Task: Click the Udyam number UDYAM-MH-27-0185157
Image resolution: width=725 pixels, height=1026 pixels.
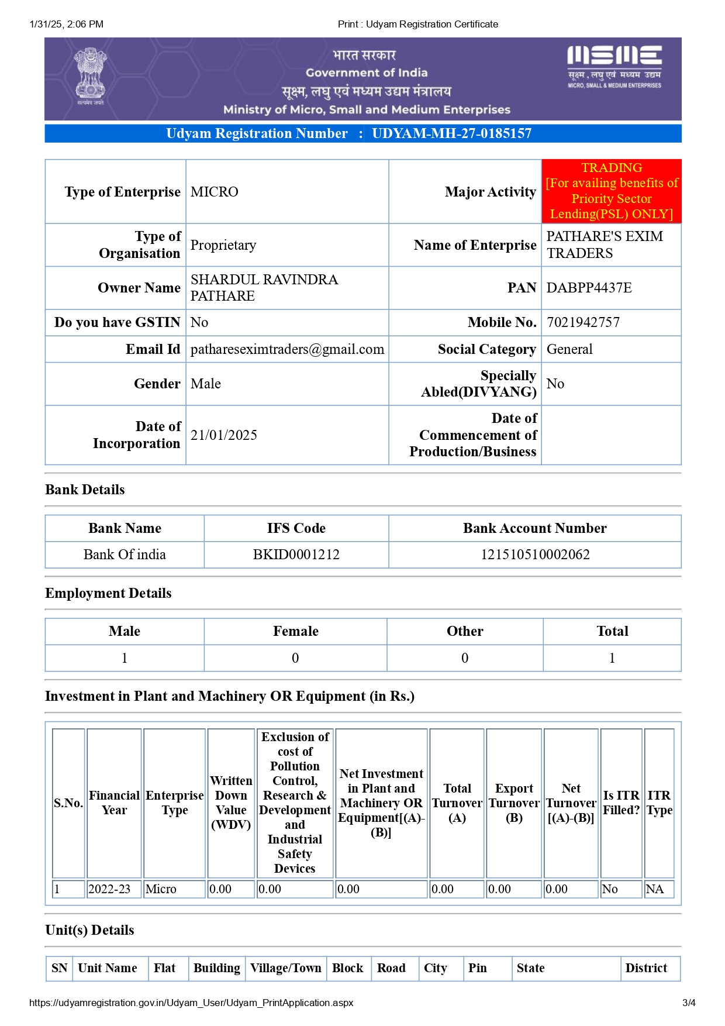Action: [451, 133]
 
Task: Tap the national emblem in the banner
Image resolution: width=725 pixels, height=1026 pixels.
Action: [90, 76]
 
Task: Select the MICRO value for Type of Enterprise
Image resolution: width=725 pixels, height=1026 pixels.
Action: [215, 192]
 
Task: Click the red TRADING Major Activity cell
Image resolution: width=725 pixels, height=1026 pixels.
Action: [611, 191]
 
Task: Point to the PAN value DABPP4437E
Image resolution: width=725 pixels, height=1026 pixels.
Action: [589, 288]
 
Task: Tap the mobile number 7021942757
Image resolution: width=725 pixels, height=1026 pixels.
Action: [583, 322]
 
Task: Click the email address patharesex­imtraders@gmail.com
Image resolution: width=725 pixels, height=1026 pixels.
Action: [287, 349]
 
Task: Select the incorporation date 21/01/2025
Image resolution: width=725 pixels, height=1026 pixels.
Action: [224, 435]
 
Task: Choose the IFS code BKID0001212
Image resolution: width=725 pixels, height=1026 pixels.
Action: [296, 555]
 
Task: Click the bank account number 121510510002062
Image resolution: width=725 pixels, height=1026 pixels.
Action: [535, 555]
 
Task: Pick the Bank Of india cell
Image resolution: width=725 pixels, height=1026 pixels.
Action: [125, 555]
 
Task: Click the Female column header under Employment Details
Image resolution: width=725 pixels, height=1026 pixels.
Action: [295, 631]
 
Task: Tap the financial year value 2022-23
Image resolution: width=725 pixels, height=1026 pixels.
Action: [109, 889]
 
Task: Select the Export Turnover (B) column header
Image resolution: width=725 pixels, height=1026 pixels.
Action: [514, 803]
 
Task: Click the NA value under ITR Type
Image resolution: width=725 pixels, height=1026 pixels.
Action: [655, 889]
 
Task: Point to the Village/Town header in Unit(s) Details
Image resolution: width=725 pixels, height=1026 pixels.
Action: [286, 968]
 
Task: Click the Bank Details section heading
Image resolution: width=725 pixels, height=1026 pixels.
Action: [85, 490]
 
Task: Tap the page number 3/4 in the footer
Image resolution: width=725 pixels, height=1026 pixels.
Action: [689, 1003]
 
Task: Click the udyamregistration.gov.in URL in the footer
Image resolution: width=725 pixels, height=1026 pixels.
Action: [191, 1003]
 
